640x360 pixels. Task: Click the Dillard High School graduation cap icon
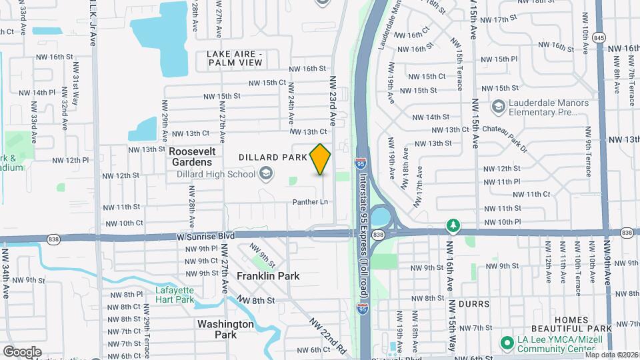coord(266,175)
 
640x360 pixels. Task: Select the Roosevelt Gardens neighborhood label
coord(191,157)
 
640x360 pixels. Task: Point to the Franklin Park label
coord(269,276)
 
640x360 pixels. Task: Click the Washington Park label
coord(225,329)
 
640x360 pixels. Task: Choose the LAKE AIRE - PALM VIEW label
coord(235,58)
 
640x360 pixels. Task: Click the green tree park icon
coord(453,225)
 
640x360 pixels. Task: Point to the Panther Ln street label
coord(311,202)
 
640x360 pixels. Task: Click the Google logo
coord(21,351)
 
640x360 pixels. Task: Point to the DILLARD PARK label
coord(273,157)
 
